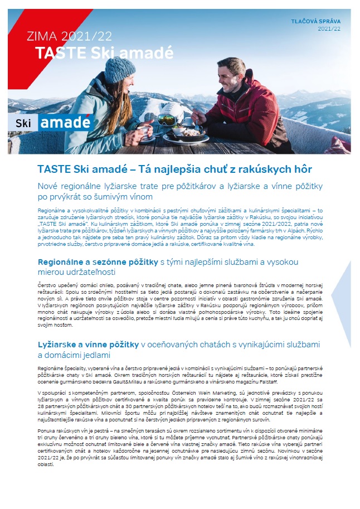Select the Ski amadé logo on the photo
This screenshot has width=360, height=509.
pos(48,122)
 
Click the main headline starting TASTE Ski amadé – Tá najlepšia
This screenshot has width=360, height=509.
pos(174,169)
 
